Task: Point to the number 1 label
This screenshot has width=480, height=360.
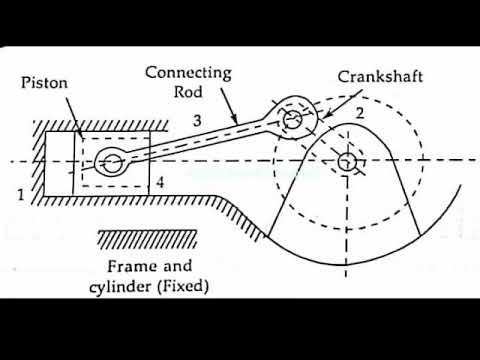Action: pyautogui.click(x=21, y=193)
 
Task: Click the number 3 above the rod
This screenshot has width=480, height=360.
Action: pyautogui.click(x=197, y=121)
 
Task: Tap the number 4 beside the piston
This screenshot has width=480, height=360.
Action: pyautogui.click(x=160, y=183)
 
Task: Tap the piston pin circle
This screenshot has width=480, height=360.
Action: pyautogui.click(x=110, y=161)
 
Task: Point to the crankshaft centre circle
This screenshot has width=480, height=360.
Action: pyautogui.click(x=348, y=160)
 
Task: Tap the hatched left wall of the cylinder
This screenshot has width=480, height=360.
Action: pyautogui.click(x=39, y=160)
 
